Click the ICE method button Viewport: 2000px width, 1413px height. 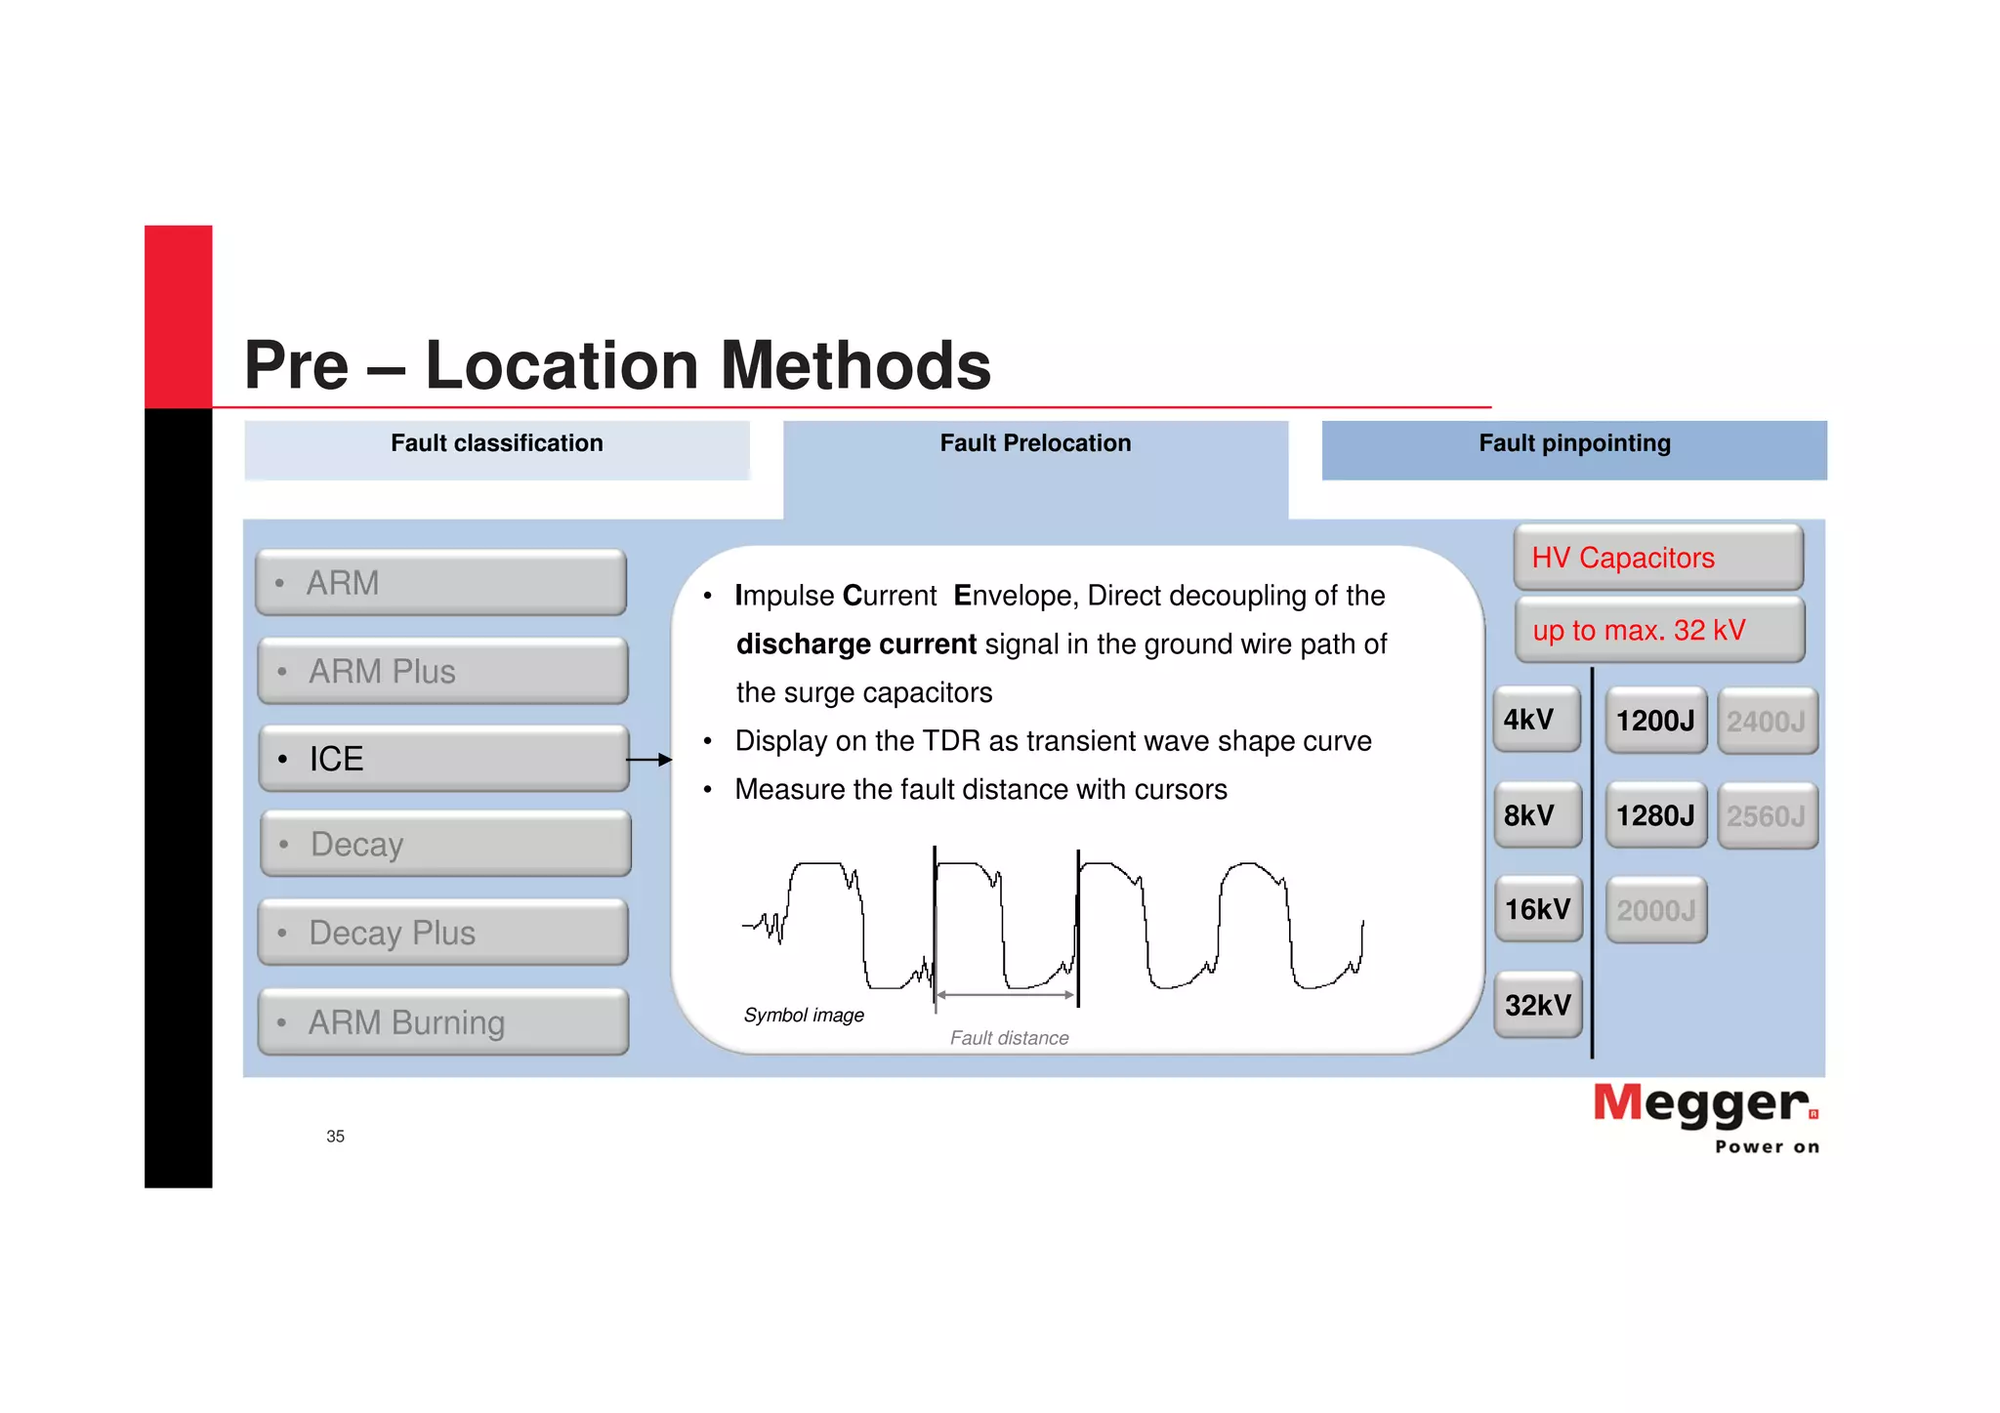click(443, 759)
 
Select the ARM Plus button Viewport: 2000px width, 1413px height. click(442, 671)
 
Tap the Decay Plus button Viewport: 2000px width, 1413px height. click(442, 933)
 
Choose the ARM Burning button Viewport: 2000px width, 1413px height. click(442, 1021)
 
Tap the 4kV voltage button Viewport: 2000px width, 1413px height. click(1536, 720)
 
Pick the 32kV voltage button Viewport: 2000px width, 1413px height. click(1537, 1004)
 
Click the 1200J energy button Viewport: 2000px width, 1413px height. click(1655, 721)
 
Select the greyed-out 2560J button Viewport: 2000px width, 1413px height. click(1767, 815)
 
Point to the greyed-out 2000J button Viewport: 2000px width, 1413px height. click(1656, 910)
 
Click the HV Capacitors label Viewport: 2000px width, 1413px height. click(1657, 558)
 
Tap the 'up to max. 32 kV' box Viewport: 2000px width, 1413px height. click(1659, 630)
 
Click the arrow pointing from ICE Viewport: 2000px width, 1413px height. click(649, 759)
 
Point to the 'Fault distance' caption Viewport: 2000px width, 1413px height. click(1009, 1038)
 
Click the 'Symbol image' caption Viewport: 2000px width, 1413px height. click(803, 1015)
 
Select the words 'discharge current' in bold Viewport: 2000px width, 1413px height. click(855, 644)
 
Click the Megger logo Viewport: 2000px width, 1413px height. click(1705, 1115)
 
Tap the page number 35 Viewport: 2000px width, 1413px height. click(335, 1136)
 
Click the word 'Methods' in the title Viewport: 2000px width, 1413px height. click(855, 365)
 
